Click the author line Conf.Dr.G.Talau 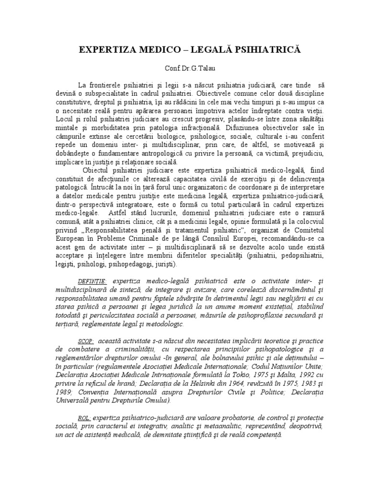tap(184, 69)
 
